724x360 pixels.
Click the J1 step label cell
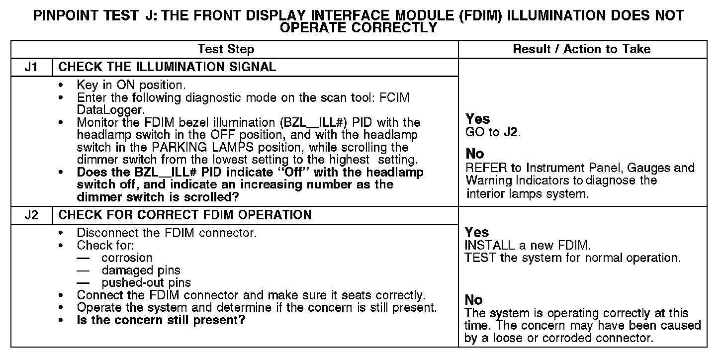[31, 67]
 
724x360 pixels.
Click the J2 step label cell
[31, 215]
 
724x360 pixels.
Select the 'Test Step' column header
[226, 49]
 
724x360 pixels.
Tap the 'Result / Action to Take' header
[581, 49]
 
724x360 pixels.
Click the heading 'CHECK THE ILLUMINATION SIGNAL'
[167, 67]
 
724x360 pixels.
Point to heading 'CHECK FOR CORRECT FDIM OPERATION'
[185, 215]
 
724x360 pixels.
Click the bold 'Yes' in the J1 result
[478, 119]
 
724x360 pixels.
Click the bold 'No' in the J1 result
[475, 154]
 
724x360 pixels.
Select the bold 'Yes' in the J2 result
[477, 232]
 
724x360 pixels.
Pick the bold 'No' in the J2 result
[474, 300]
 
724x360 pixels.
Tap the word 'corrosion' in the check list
[127, 258]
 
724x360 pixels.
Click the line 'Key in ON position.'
[131, 85]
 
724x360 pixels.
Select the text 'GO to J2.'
[493, 133]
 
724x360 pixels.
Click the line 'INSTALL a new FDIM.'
[527, 245]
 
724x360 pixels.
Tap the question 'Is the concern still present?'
[161, 320]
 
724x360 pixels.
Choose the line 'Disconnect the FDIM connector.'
[167, 233]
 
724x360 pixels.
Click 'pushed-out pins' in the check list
[146, 283]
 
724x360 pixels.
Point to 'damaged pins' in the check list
[141, 270]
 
